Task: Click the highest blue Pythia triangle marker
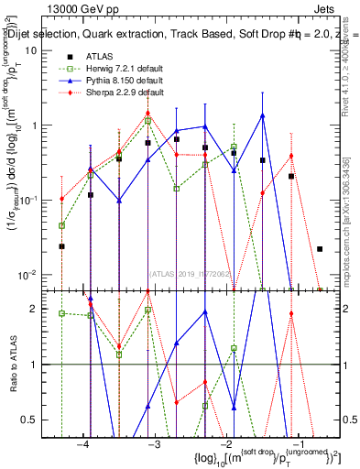pos(263,116)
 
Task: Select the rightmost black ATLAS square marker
pos(320,249)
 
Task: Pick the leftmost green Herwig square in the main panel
pos(62,225)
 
